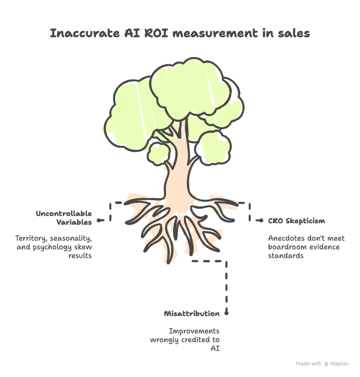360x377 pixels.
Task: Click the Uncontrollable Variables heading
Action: pyautogui.click(x=64, y=218)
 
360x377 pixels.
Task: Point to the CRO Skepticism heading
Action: pyautogui.click(x=296, y=221)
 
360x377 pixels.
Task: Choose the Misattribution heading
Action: pyautogui.click(x=192, y=314)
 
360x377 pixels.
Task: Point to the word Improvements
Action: pyautogui.click(x=194, y=331)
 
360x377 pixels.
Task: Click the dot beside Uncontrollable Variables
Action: pyautogui.click(x=99, y=220)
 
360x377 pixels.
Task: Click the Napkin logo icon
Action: pyautogui.click(x=326, y=363)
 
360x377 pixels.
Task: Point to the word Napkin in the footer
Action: pyautogui.click(x=339, y=363)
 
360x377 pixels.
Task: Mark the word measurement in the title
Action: pyautogui.click(x=213, y=34)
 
